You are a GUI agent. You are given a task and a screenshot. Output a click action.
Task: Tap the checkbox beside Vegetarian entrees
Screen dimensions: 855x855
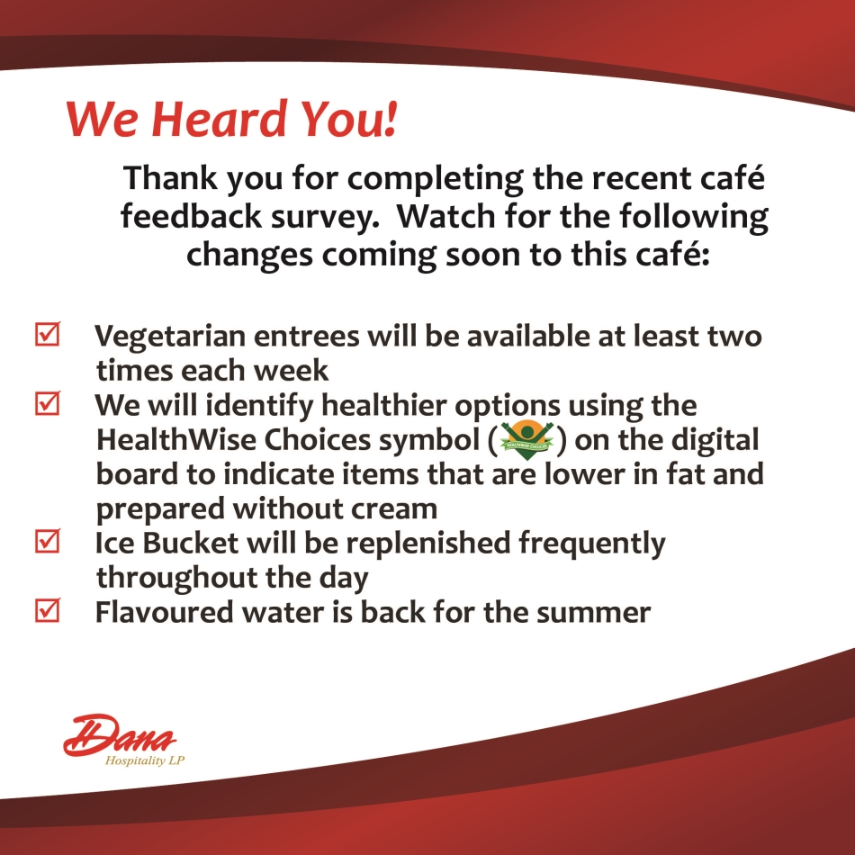pyautogui.click(x=48, y=333)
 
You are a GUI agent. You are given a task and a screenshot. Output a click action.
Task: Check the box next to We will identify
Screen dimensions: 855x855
pyautogui.click(x=48, y=403)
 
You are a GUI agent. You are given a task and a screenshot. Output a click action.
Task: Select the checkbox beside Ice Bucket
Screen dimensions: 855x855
pyautogui.click(x=48, y=541)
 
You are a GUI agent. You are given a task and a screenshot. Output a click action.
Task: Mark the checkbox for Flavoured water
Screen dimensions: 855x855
pyautogui.click(x=48, y=610)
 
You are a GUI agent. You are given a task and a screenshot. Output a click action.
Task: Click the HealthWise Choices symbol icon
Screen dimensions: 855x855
pyautogui.click(x=526, y=439)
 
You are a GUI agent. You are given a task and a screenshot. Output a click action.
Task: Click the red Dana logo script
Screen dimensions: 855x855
pyautogui.click(x=120, y=734)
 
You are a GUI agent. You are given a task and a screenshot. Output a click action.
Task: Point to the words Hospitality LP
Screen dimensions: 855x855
pyautogui.click(x=145, y=760)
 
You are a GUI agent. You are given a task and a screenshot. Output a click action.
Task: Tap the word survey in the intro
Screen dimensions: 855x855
pyautogui.click(x=325, y=218)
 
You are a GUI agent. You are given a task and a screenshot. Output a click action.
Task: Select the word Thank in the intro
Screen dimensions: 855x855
pyautogui.click(x=170, y=178)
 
